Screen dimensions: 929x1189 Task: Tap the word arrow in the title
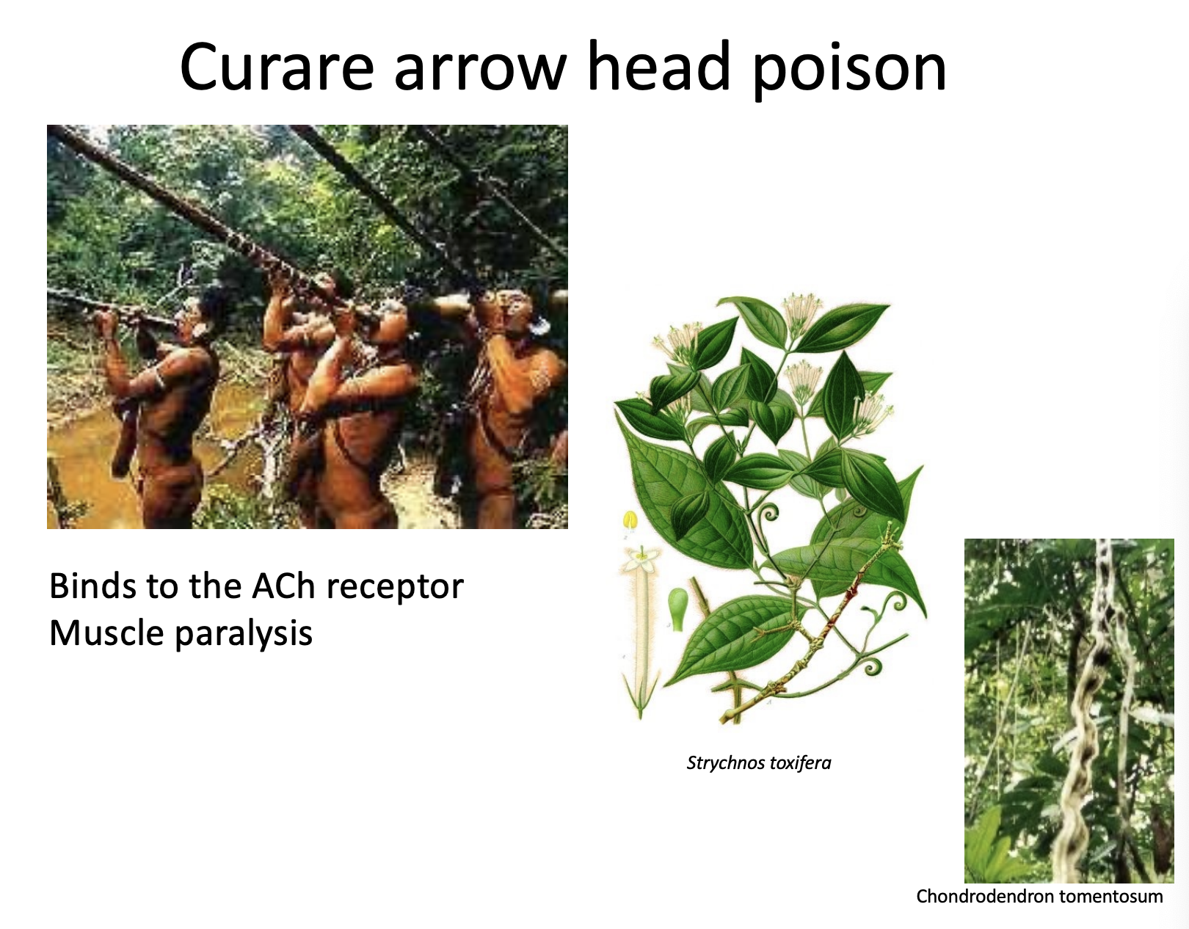click(480, 68)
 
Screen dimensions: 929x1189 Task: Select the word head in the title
click(658, 68)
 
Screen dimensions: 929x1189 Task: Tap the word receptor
click(395, 587)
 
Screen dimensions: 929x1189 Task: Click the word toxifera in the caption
click(799, 763)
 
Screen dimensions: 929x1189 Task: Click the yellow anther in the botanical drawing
click(630, 521)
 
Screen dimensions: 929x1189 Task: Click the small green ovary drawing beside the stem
click(677, 608)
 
